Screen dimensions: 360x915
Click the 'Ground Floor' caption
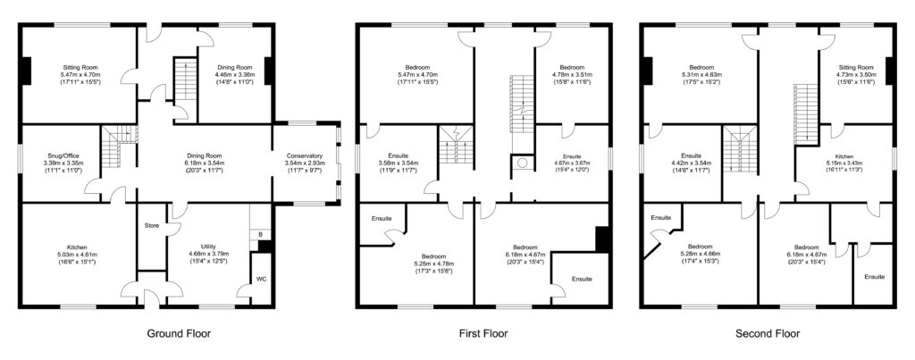(x=179, y=334)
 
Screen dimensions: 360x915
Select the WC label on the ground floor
(x=261, y=279)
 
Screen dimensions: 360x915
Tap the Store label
(x=151, y=225)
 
